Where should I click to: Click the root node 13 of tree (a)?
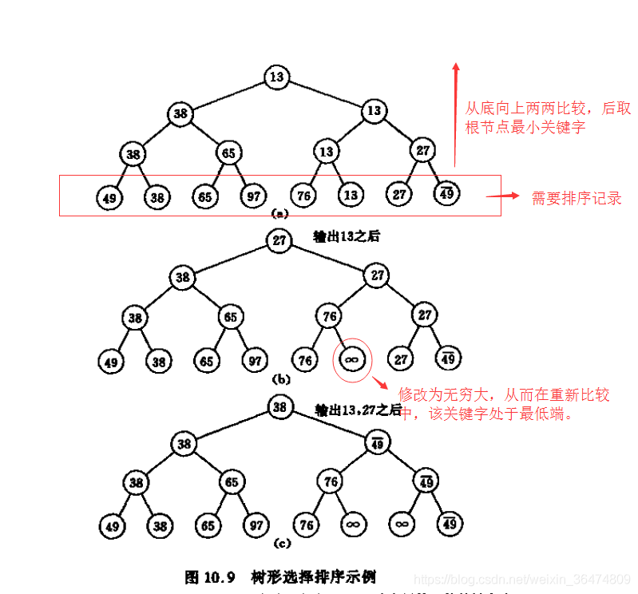tap(276, 77)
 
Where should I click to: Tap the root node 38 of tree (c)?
tap(279, 407)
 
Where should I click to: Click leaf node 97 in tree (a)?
tap(253, 196)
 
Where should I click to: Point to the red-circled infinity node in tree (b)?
tap(351, 361)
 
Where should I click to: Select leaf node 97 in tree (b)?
tap(254, 361)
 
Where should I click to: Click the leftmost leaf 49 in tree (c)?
tap(110, 525)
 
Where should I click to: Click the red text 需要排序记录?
tap(577, 198)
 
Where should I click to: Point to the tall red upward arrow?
tap(455, 112)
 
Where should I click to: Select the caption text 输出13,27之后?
tap(358, 410)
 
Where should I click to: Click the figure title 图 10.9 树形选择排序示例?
tap(279, 576)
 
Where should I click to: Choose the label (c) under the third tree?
tap(280, 544)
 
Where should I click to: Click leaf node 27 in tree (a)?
tap(398, 195)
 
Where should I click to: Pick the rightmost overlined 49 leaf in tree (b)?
tap(448, 359)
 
